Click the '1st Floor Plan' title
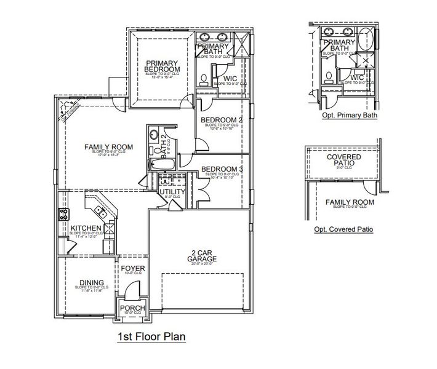click(151, 337)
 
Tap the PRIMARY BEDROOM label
click(162, 66)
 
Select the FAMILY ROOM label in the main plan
click(109, 146)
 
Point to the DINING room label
click(91, 283)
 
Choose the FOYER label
click(132, 269)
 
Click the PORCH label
click(132, 308)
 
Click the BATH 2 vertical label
click(164, 144)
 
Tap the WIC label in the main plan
click(230, 79)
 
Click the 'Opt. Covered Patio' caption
click(343, 229)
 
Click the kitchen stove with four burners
click(63, 215)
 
